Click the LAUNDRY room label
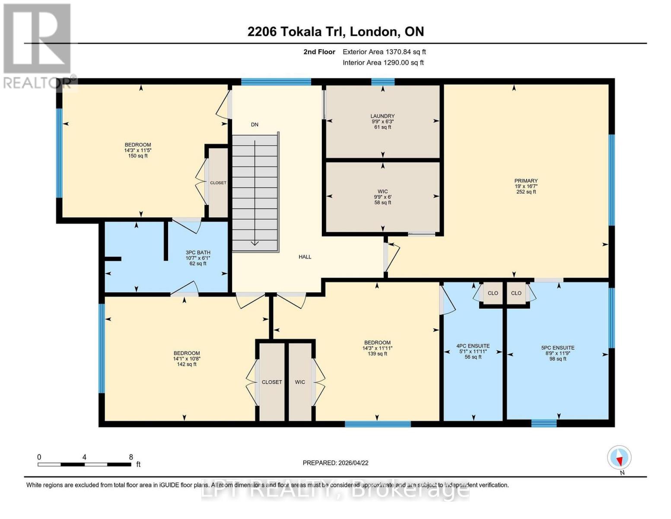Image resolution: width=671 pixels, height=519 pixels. (382, 116)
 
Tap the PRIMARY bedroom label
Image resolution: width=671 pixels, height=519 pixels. (526, 181)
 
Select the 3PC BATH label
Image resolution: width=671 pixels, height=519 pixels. (198, 253)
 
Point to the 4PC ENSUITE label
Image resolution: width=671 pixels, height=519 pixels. (473, 346)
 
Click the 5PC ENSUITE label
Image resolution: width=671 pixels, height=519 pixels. (558, 348)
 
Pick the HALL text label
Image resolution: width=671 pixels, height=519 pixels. (305, 257)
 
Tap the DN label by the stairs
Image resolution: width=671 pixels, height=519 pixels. (254, 125)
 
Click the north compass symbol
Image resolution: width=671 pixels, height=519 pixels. (619, 458)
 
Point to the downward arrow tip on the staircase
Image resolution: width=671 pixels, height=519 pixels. (255, 244)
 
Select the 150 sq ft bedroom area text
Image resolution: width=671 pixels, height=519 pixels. (138, 156)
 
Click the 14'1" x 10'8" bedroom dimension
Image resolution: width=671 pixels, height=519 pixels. (187, 359)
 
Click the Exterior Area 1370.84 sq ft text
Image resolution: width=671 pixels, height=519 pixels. (384, 52)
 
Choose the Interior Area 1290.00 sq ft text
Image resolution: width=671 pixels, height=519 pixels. (383, 63)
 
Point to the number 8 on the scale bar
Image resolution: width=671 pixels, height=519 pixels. (131, 457)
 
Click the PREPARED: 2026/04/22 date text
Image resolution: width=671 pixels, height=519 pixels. (335, 463)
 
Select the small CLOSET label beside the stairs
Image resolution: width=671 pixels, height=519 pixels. (218, 183)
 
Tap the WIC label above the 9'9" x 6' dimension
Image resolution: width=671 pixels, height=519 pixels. (382, 191)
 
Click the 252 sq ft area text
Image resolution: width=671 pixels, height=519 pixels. (526, 192)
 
